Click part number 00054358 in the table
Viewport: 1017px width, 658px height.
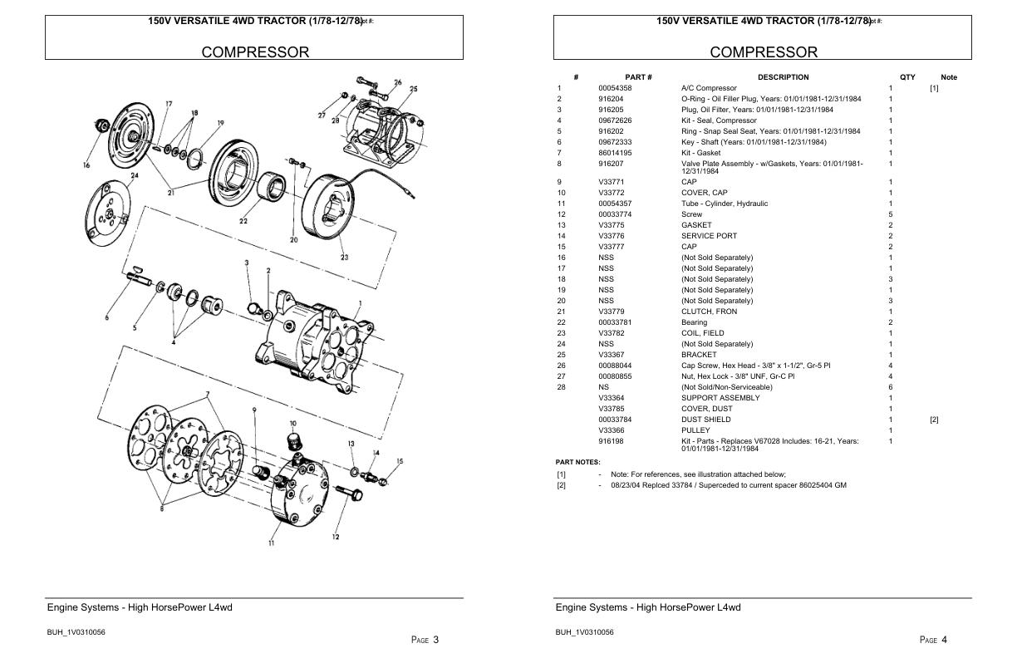(x=614, y=88)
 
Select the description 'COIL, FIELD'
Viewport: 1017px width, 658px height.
(x=702, y=333)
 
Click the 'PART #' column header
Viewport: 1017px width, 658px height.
(x=638, y=77)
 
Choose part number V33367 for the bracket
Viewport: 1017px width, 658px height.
(x=611, y=355)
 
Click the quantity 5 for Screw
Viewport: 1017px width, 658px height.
(x=890, y=214)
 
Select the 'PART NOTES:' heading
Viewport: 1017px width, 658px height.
(x=577, y=462)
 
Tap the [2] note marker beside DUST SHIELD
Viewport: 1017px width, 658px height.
(x=934, y=420)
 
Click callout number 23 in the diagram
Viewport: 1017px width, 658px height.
(x=344, y=258)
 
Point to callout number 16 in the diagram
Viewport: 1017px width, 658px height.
(x=86, y=165)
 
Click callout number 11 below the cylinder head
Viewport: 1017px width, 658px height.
(x=271, y=543)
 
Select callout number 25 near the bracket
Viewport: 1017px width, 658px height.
(x=413, y=89)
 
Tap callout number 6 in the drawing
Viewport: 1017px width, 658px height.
(x=106, y=317)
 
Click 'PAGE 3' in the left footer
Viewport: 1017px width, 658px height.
(x=425, y=639)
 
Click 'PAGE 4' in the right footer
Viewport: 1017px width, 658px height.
(x=933, y=639)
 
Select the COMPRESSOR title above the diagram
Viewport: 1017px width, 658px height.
(x=254, y=52)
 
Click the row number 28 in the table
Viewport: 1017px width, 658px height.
(x=560, y=387)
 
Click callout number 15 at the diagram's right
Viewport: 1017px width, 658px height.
(x=400, y=461)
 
